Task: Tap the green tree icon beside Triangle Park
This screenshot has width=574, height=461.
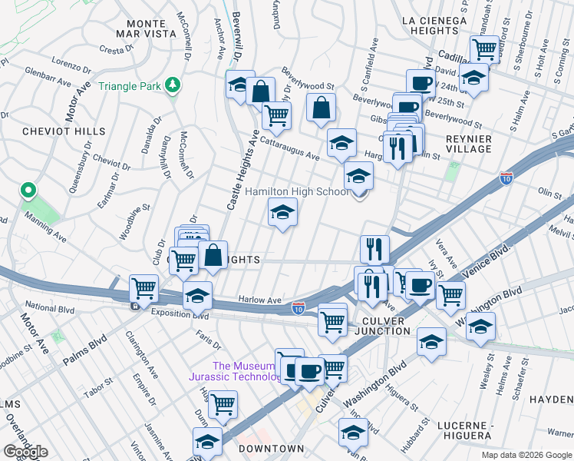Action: [x=175, y=85]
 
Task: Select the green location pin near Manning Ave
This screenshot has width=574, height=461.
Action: [x=28, y=190]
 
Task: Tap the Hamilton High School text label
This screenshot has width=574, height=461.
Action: [x=296, y=191]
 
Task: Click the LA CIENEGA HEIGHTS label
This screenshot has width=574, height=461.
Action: [x=434, y=25]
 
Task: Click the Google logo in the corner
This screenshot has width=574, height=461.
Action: [x=25, y=452]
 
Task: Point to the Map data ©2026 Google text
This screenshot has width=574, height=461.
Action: [x=526, y=455]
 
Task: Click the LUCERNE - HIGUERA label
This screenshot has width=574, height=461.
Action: [x=464, y=430]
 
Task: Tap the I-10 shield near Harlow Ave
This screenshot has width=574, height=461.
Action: [x=299, y=308]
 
